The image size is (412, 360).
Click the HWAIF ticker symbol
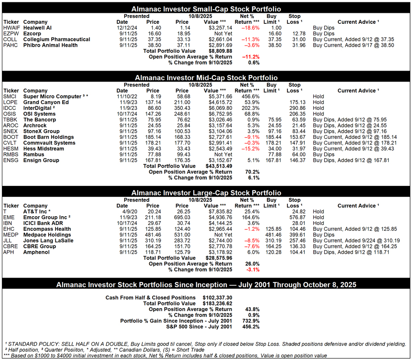[11, 27]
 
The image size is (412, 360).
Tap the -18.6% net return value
[249, 27]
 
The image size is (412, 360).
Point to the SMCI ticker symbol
[10, 97]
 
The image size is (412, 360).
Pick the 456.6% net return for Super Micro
[249, 97]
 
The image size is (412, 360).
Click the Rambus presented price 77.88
[153, 154]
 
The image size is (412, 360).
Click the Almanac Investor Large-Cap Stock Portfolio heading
[206, 193]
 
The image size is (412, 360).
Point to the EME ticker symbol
[9, 217]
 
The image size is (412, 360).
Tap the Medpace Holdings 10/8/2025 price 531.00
[182, 235]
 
